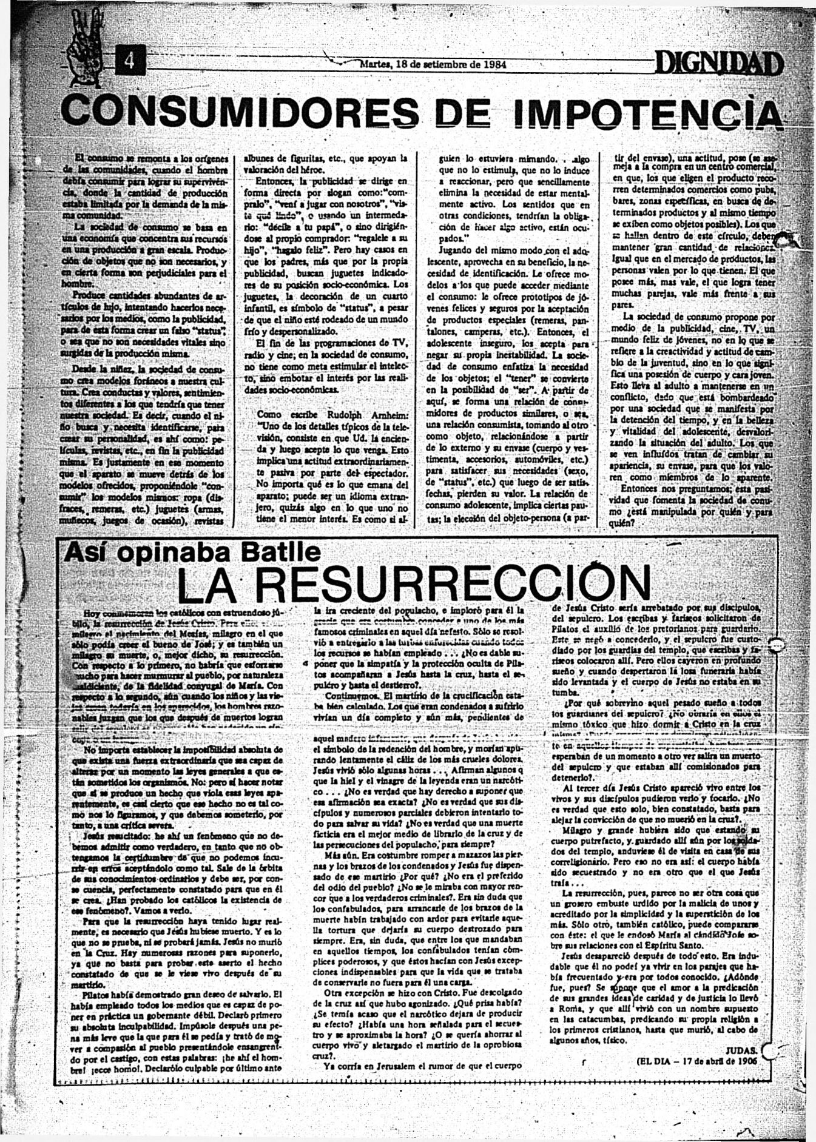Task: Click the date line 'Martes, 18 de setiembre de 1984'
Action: pos(434,64)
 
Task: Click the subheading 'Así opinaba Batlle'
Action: pos(194,551)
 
